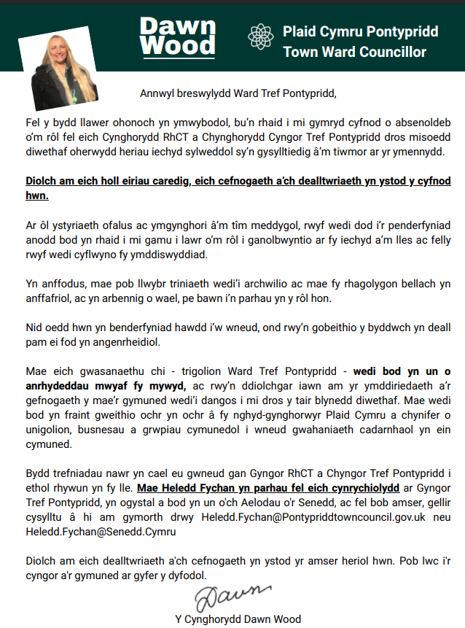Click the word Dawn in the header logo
pos(178,27)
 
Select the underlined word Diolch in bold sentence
pos(42,180)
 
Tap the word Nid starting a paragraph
pos(34,327)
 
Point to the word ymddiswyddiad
pos(171,255)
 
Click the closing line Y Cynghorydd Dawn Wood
pos(238,619)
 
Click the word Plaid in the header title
pos(300,32)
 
